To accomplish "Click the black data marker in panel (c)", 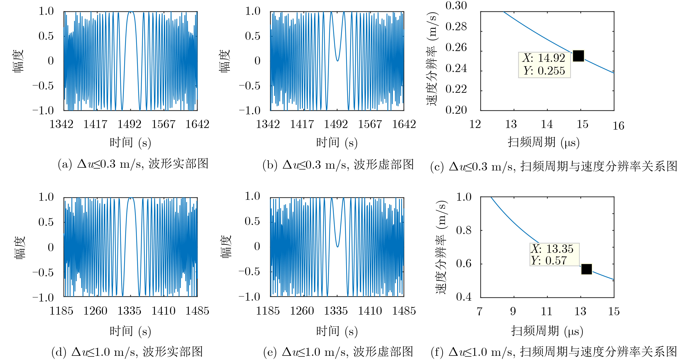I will pyautogui.click(x=578, y=56).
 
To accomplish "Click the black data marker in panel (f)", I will pyautogui.click(x=587, y=269).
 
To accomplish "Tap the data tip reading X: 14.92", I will pyautogui.click(x=544, y=65).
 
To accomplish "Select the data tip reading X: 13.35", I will pyautogui.click(x=554, y=254).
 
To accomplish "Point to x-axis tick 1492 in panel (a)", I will pyautogui.click(x=129, y=124).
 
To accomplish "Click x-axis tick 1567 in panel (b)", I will pyautogui.click(x=370, y=124).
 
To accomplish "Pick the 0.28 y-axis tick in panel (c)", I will pyautogui.click(x=456, y=26).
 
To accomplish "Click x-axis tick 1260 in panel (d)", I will pyautogui.click(x=95, y=311).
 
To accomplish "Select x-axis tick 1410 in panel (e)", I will pyautogui.click(x=370, y=311).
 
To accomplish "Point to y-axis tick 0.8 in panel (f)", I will pyautogui.click(x=464, y=230).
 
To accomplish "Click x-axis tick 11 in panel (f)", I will pyautogui.click(x=546, y=311).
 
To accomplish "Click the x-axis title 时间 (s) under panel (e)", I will pyautogui.click(x=337, y=331).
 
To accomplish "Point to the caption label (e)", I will pyautogui.click(x=270, y=352).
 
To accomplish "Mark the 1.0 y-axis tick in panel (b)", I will pyautogui.click(x=253, y=11).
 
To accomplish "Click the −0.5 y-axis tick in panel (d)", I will pyautogui.click(x=43, y=273).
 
